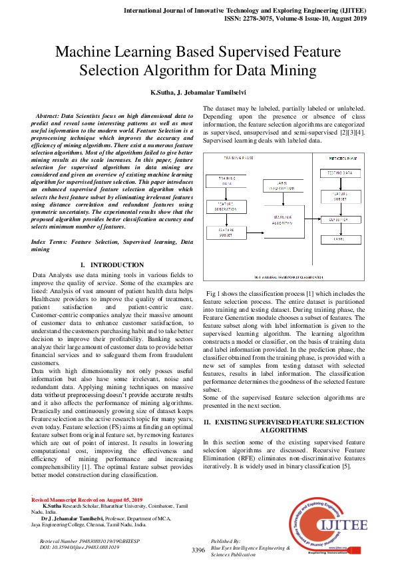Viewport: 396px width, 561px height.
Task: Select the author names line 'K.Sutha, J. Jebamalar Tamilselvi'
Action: click(198, 92)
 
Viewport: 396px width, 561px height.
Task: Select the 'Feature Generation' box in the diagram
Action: click(222, 207)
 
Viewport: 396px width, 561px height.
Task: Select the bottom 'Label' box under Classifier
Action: click(339, 239)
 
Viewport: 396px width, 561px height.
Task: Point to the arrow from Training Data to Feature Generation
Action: click(222, 195)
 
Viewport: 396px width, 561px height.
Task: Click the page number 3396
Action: click(198, 550)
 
